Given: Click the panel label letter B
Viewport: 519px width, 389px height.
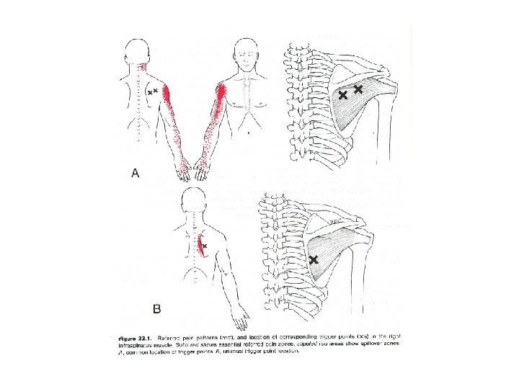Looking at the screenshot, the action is click(157, 309).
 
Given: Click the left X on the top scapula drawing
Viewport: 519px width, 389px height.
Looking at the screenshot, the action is click(343, 94).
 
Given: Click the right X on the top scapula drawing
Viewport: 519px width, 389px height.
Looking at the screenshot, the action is click(359, 89).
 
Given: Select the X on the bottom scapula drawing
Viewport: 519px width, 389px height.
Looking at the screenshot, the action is click(314, 259).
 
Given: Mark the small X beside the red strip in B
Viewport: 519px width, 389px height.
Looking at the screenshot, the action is click(205, 246).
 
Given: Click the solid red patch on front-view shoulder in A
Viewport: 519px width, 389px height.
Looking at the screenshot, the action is click(221, 94).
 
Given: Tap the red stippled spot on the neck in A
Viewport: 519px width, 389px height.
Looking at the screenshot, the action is click(146, 67).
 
